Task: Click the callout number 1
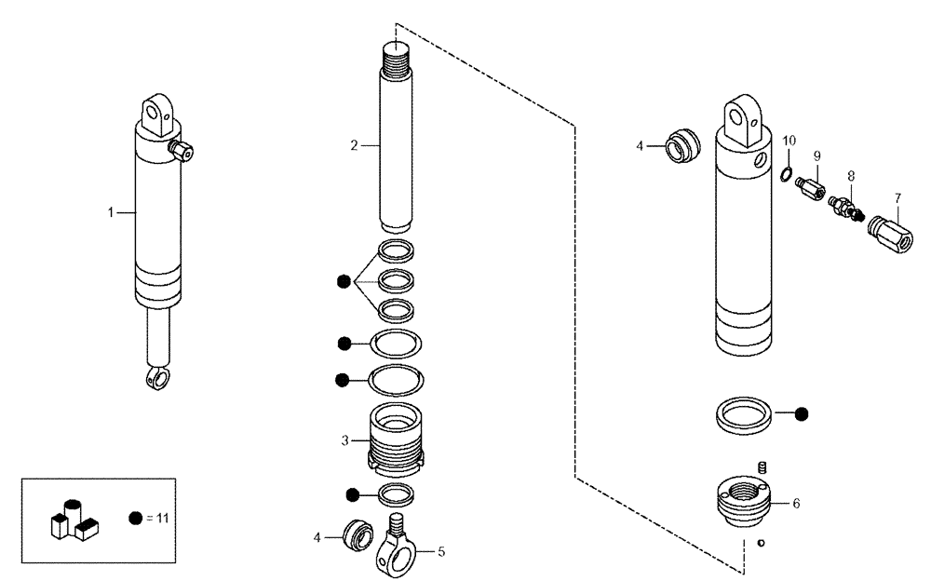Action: tap(110, 213)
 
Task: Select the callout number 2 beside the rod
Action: tap(354, 145)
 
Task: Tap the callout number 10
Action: tap(789, 140)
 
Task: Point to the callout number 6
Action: tap(795, 503)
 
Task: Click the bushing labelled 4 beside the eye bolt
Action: tap(356, 536)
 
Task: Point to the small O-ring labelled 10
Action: tap(787, 173)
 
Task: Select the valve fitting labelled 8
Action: tap(845, 206)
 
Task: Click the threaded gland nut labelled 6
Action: tap(743, 503)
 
